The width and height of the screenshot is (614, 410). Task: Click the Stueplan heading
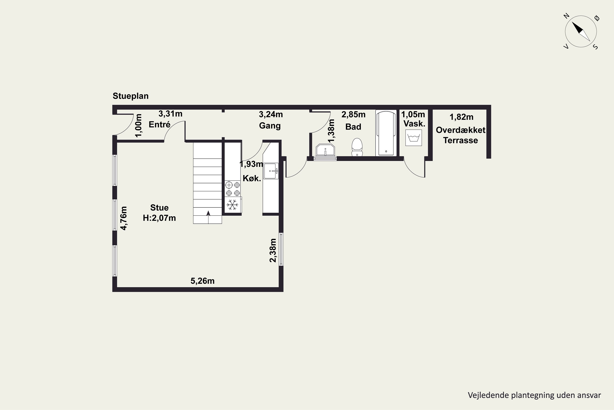point(131,96)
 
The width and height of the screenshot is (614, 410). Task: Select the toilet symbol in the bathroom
point(357,147)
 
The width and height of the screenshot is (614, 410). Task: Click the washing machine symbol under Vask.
point(413,138)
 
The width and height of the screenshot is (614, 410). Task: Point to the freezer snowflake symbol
point(232,205)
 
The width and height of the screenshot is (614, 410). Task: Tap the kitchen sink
point(271,171)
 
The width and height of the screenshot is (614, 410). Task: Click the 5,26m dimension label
point(203,281)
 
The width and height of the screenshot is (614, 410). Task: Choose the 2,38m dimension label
point(273,250)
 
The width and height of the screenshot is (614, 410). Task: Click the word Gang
point(270,126)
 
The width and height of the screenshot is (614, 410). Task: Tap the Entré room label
point(159,124)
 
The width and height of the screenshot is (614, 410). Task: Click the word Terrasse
point(460,140)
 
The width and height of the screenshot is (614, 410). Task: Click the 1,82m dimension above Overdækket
point(461,117)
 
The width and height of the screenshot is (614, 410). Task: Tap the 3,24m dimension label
point(271,114)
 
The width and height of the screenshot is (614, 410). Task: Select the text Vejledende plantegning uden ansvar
point(534,395)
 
